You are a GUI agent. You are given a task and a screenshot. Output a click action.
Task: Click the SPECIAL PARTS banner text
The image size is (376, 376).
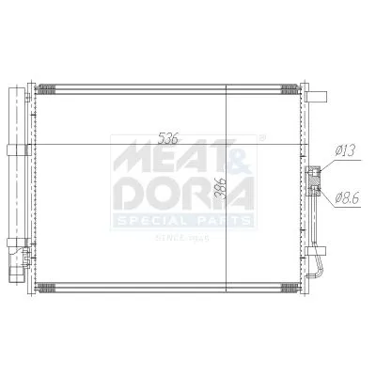pos(183,221)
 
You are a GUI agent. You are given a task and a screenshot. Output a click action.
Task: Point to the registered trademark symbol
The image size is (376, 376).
pos(260,138)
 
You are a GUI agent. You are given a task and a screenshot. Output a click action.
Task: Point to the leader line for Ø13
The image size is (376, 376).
pos(329,159)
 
